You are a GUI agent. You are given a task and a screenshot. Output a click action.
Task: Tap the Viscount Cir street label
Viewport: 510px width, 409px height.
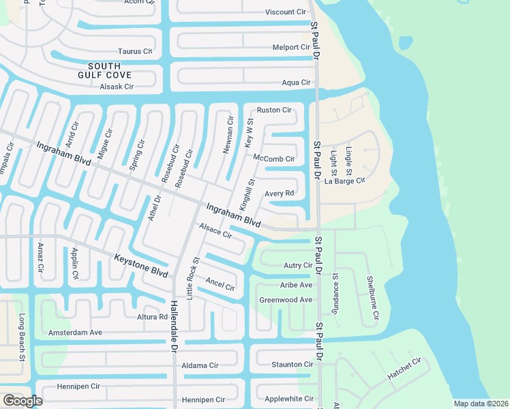[x=285, y=12]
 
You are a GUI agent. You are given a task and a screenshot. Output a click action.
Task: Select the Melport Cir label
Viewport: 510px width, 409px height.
[x=291, y=47]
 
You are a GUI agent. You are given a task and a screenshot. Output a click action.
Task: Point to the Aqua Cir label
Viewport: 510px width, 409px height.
[x=296, y=82]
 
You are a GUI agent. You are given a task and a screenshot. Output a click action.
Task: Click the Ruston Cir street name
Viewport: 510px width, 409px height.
[x=273, y=110]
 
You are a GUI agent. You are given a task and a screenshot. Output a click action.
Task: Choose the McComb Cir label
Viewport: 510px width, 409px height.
[x=273, y=158]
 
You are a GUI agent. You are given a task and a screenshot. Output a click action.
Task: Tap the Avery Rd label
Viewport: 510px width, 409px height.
[x=279, y=194]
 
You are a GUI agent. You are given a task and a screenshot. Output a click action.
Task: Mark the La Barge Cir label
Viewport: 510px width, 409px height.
[x=345, y=181]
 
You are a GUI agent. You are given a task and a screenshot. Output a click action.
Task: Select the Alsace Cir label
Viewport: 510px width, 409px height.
[x=215, y=232]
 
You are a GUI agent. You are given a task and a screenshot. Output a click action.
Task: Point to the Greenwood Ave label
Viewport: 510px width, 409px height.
[x=286, y=299]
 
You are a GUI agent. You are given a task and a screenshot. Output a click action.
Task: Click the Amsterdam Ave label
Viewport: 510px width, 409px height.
[x=75, y=333]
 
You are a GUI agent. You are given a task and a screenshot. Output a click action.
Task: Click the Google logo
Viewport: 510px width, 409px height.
[x=22, y=401]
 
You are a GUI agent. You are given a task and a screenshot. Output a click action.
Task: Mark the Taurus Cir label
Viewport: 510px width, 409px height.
[x=134, y=51]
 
